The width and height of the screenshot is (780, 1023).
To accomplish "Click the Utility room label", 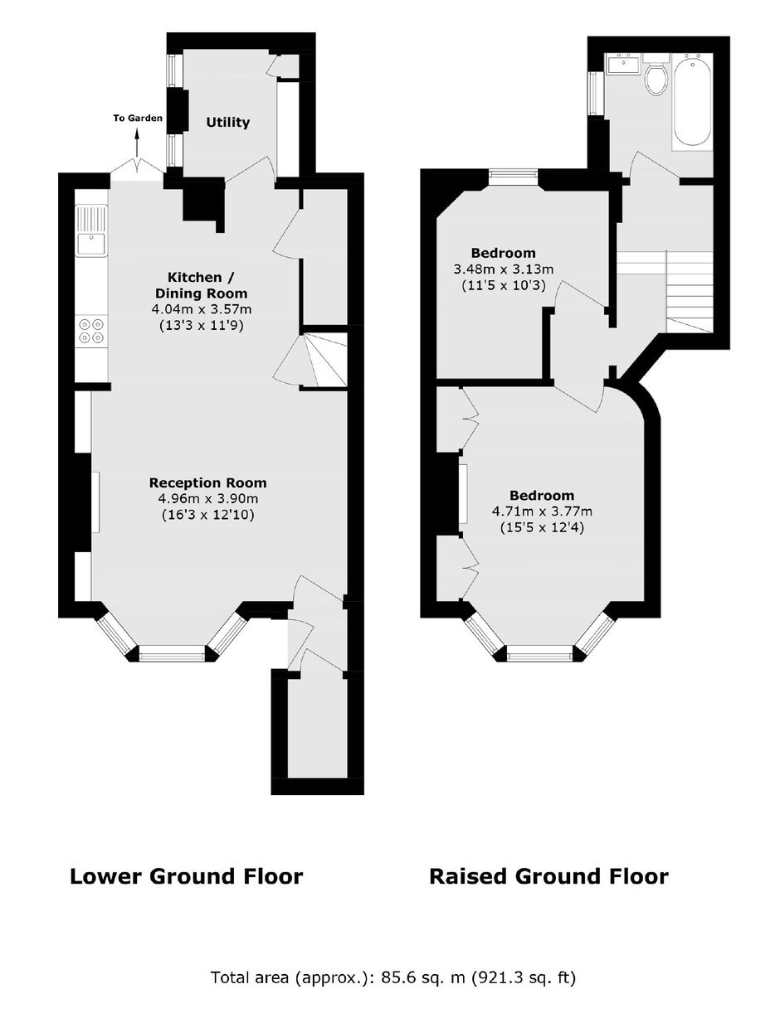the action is click(x=227, y=123).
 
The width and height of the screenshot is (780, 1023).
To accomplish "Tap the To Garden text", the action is click(x=138, y=118).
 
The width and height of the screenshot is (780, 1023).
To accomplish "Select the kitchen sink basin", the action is click(x=92, y=243).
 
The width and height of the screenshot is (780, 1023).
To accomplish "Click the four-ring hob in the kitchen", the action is click(x=91, y=331).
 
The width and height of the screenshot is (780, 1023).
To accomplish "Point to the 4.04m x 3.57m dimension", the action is click(x=202, y=309).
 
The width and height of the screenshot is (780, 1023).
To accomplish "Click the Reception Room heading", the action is click(x=208, y=482).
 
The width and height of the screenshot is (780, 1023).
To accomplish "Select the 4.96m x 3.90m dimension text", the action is click(x=208, y=498).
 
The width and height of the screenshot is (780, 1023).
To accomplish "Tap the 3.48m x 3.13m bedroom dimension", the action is click(x=504, y=269).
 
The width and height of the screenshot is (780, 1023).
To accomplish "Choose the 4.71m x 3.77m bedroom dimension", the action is click(x=542, y=511).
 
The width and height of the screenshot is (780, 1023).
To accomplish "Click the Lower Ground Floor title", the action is click(x=187, y=876).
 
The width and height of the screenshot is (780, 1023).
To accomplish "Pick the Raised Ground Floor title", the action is click(x=548, y=876).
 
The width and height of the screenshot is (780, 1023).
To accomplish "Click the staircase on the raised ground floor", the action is click(x=666, y=292).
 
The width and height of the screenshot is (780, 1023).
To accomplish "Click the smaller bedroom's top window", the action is click(x=514, y=174).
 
